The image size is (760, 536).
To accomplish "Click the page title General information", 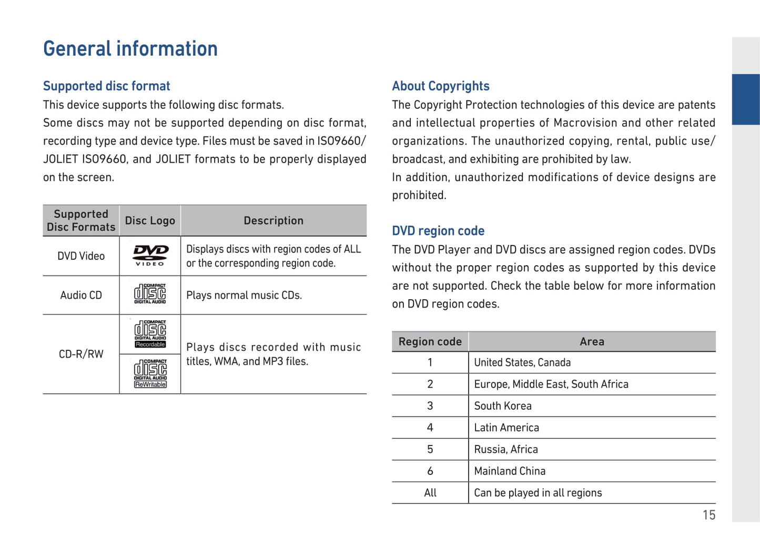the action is (x=130, y=48).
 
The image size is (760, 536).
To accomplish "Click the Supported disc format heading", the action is (x=107, y=86).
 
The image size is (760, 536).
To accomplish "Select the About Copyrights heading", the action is (x=441, y=86).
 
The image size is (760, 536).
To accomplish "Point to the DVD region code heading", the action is (x=438, y=231).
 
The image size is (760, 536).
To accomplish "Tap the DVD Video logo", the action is (x=150, y=256).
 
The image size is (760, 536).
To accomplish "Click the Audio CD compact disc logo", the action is (x=150, y=294).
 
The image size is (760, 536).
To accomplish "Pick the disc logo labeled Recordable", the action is (x=150, y=334).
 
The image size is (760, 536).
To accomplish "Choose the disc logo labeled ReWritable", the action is (x=150, y=373).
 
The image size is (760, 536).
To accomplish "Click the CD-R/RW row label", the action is (x=81, y=354).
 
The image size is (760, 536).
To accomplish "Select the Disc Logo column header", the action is (x=150, y=220).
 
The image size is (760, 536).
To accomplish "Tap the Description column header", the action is (x=273, y=220).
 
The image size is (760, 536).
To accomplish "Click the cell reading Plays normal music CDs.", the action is (x=244, y=295).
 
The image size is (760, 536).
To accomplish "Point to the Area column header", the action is (x=592, y=341).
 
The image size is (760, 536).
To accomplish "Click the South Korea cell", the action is (x=503, y=406).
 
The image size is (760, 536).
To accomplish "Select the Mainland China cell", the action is (x=510, y=471).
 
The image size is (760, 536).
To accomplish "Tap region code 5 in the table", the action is (x=430, y=449).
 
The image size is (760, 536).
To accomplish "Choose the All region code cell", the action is (x=430, y=492).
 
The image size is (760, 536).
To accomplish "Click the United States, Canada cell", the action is (x=522, y=362).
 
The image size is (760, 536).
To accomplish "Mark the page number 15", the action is (x=709, y=515).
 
